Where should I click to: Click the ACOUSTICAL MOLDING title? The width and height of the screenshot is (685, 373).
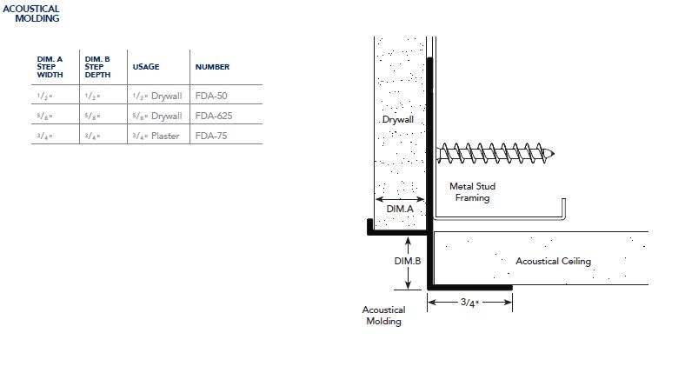click(x=31, y=14)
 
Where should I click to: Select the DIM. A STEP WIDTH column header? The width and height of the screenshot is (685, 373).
click(x=50, y=67)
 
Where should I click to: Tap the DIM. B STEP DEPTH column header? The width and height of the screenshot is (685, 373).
click(x=97, y=67)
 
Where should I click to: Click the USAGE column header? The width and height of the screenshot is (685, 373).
click(x=146, y=67)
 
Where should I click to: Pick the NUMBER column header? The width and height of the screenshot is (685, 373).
click(x=212, y=67)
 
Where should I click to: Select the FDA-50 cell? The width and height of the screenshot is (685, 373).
click(x=211, y=96)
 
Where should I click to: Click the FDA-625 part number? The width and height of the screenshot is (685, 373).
click(x=214, y=116)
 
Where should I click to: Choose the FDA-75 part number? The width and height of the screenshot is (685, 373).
click(x=211, y=136)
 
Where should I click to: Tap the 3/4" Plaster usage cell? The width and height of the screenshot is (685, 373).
click(x=156, y=136)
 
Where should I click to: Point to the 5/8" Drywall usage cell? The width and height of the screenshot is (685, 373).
click(x=157, y=116)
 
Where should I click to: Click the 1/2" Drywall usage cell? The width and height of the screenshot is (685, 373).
click(x=157, y=96)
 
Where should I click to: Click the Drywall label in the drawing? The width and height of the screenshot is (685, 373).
click(x=397, y=119)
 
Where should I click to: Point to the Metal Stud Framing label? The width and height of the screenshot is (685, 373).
click(x=472, y=192)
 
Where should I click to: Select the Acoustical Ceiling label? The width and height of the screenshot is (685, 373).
click(x=553, y=261)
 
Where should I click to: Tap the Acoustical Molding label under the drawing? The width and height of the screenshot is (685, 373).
click(x=383, y=316)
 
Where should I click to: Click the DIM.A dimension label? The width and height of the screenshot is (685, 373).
click(x=400, y=209)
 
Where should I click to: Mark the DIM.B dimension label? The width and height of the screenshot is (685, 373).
click(x=408, y=261)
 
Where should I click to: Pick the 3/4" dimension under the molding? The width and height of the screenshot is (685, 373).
click(x=469, y=303)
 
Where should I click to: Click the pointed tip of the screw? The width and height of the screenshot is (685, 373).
click(x=554, y=154)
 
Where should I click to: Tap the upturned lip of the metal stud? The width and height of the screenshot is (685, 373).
click(x=563, y=208)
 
